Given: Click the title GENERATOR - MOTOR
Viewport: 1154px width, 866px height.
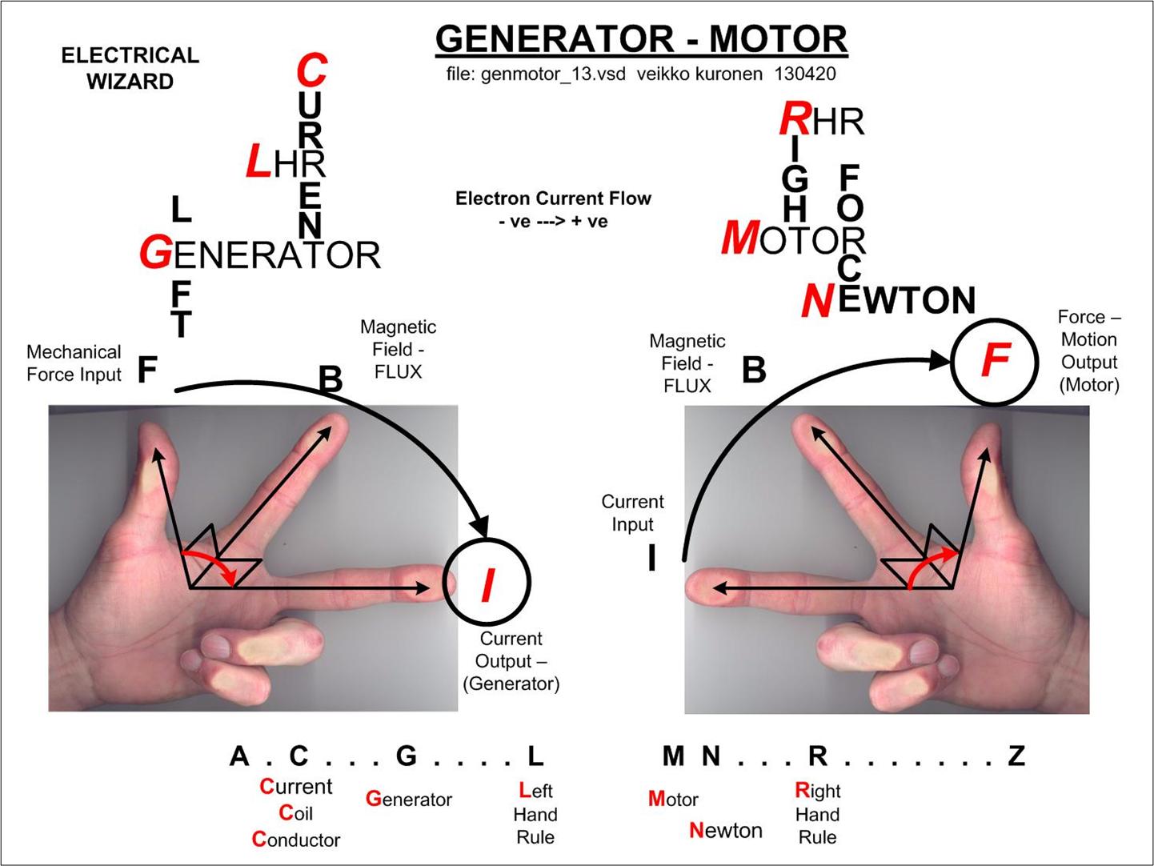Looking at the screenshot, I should pyautogui.click(x=641, y=39).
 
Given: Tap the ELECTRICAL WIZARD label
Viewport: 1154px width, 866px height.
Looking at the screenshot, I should pyautogui.click(x=130, y=68).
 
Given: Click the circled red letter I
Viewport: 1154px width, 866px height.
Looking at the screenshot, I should pyautogui.click(x=487, y=583).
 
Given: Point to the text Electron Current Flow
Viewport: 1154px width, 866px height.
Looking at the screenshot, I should pyautogui.click(x=553, y=198).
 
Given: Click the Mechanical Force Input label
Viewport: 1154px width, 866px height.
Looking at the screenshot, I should pyautogui.click(x=74, y=363).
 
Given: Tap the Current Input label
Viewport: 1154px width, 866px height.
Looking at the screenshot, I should pyautogui.click(x=632, y=513).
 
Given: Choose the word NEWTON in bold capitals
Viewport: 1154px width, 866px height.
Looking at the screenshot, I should pyautogui.click(x=888, y=301).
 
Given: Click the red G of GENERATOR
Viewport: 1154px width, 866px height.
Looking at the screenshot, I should pyautogui.click(x=155, y=255).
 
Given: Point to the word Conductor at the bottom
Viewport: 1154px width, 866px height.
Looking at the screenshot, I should pyautogui.click(x=296, y=840).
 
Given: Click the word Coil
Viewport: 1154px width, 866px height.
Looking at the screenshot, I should pyautogui.click(x=296, y=813).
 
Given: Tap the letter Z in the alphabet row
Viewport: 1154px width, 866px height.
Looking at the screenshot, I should pyautogui.click(x=1016, y=756).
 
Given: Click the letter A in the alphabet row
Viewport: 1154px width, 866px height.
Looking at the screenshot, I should pyautogui.click(x=239, y=756).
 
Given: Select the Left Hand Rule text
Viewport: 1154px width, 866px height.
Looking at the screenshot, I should pyautogui.click(x=535, y=814).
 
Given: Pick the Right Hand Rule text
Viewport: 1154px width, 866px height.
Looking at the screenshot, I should pyautogui.click(x=817, y=814).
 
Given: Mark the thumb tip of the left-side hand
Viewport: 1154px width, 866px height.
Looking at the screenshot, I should pyautogui.click(x=151, y=433).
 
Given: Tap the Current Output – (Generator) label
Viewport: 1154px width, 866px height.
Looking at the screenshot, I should pyautogui.click(x=511, y=661).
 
